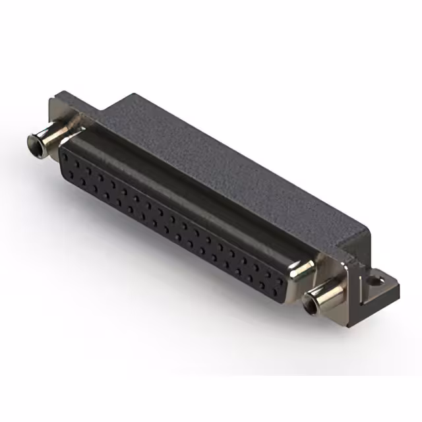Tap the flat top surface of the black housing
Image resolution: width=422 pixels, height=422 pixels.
[218, 152]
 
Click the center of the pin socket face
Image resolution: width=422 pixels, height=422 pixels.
[175, 221]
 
